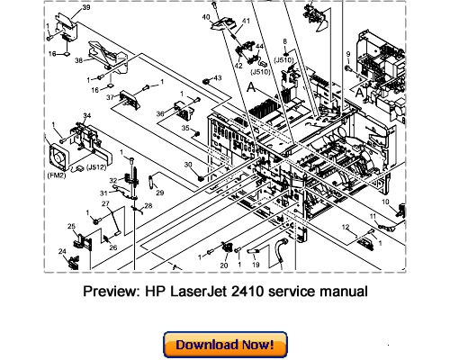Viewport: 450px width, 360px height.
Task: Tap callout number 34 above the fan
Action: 87,116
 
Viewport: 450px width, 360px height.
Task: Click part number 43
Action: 217,78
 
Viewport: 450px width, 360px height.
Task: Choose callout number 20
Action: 223,265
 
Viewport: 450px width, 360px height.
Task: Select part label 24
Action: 64,252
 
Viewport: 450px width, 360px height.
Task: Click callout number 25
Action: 71,225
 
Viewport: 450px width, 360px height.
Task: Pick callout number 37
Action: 112,97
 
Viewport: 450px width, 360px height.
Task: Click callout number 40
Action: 204,16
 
